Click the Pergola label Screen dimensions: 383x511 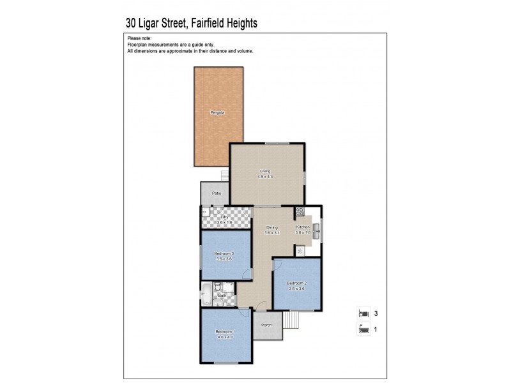click(x=218, y=113)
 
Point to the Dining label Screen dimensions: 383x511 click(x=272, y=227)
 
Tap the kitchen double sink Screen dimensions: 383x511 click(x=316, y=225)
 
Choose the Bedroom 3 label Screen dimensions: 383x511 click(x=224, y=253)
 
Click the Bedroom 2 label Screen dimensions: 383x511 click(x=297, y=283)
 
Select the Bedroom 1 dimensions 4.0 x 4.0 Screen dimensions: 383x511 click(x=225, y=338)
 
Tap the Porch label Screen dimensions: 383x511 click(x=266, y=325)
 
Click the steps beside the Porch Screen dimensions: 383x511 click(x=291, y=319)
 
